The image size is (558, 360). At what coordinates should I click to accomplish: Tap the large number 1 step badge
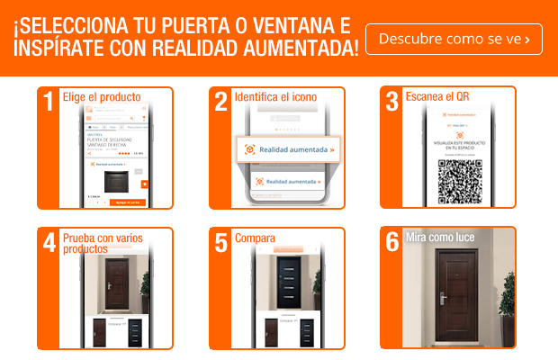click(49, 101)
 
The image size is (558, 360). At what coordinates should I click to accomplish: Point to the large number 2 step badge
click(221, 101)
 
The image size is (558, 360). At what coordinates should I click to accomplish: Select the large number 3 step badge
click(392, 101)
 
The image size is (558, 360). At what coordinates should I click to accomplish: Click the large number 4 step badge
click(49, 243)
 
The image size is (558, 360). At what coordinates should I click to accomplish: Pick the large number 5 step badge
click(221, 243)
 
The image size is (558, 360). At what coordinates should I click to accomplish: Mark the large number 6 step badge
click(392, 243)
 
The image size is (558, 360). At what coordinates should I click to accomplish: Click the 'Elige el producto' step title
click(102, 96)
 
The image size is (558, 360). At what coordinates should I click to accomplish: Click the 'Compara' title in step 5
click(255, 238)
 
